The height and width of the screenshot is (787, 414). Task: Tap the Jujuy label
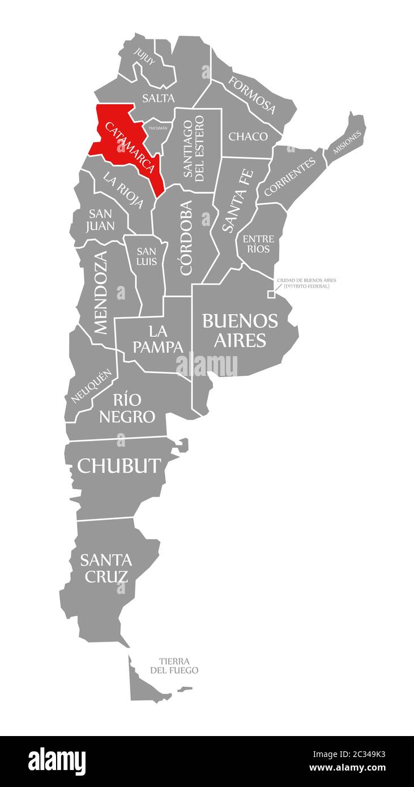click(x=144, y=57)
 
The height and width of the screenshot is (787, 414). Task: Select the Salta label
click(x=158, y=98)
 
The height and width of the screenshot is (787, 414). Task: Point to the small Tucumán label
click(x=158, y=128)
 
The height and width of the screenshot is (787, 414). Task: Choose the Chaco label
click(x=248, y=136)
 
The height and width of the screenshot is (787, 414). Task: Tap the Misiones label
click(x=347, y=142)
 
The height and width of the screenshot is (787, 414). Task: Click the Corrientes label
click(x=289, y=177)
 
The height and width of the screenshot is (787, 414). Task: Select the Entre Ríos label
click(x=258, y=244)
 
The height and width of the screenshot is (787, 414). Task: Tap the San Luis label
click(x=146, y=256)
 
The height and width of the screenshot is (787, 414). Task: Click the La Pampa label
click(x=158, y=338)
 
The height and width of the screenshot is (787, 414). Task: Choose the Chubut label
click(x=119, y=465)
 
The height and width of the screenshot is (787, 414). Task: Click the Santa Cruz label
click(x=105, y=568)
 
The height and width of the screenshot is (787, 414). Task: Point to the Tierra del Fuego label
click(x=174, y=666)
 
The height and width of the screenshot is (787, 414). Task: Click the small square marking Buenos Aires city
click(x=271, y=294)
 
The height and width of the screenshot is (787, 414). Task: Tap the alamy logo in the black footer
click(x=57, y=761)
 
